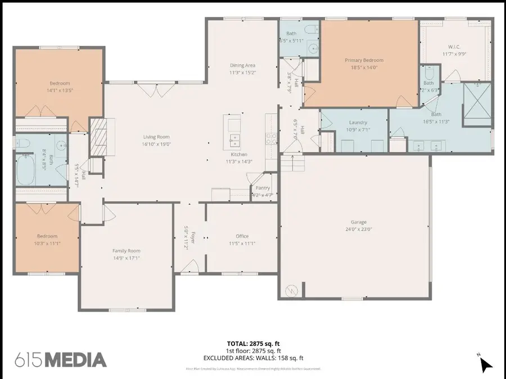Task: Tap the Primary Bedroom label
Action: (x=364, y=60)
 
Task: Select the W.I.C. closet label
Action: (x=454, y=47)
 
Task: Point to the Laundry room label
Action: (x=358, y=122)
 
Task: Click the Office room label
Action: (x=242, y=236)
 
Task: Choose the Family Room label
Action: (x=126, y=251)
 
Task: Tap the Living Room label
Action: (x=156, y=137)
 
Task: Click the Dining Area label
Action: (x=242, y=65)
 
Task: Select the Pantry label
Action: (x=263, y=188)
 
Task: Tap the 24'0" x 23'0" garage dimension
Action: (x=355, y=229)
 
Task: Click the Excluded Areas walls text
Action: (x=252, y=358)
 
